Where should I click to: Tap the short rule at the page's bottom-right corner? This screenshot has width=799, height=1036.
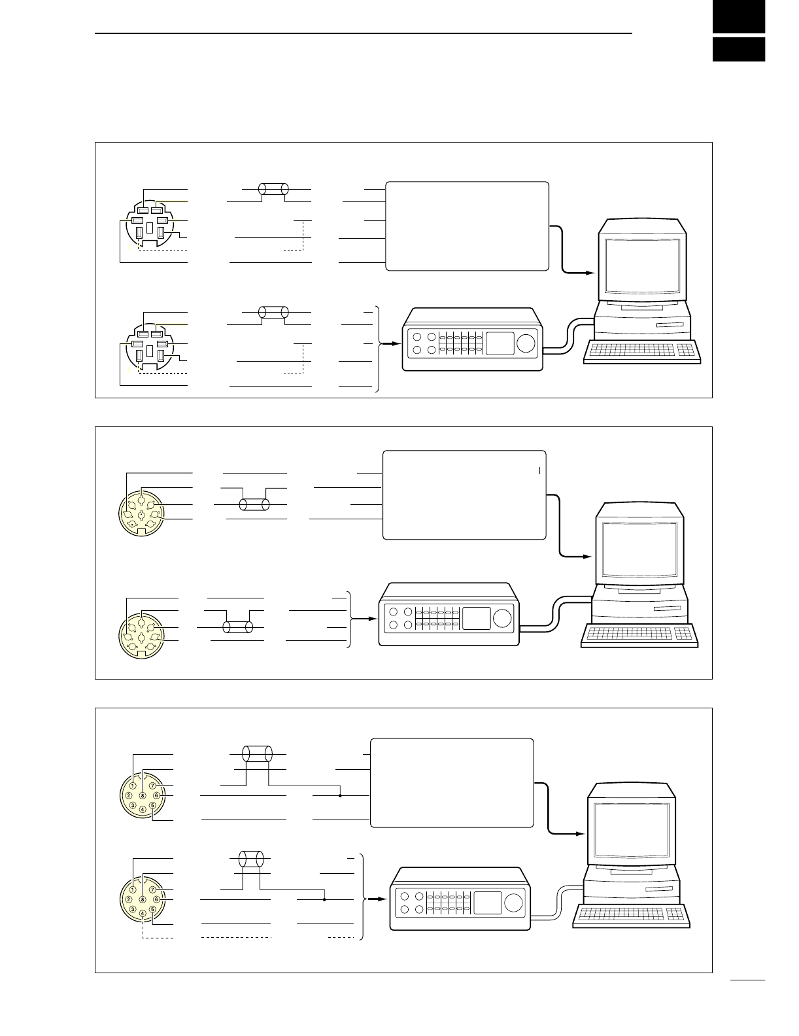748,980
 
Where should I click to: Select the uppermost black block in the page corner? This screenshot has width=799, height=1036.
739,16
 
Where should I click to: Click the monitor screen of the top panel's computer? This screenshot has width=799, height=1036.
642,266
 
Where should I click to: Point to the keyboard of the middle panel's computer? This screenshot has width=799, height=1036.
639,634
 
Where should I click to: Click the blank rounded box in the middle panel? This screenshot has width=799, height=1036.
464,495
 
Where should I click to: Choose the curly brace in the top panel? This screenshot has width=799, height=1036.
377,349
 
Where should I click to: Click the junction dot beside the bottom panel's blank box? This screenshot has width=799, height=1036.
341,795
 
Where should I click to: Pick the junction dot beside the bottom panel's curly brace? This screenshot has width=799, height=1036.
325,899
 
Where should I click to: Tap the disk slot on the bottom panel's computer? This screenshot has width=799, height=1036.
657,890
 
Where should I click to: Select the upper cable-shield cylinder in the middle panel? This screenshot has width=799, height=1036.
254,504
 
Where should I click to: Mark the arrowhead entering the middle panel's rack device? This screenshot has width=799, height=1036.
373,618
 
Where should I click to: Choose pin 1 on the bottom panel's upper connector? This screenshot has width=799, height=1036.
133,785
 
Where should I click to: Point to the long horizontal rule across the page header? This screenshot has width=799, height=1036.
364,33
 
